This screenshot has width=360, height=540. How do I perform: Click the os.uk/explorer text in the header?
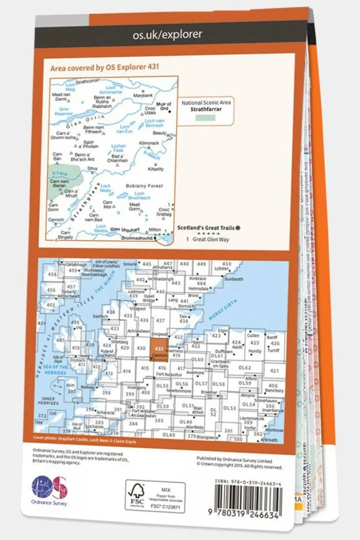[167, 35]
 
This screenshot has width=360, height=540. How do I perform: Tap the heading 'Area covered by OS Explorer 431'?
[105, 68]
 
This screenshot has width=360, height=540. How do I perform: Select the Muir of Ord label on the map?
[164, 106]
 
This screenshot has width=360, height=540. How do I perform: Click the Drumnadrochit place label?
[137, 238]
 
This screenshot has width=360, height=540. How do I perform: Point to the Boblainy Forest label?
[145, 186]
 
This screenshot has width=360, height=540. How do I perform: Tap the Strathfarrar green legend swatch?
[206, 118]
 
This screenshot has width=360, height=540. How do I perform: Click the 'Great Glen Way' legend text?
[211, 239]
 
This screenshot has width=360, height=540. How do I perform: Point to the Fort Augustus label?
[169, 375]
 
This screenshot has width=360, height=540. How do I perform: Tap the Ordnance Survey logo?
[49, 489]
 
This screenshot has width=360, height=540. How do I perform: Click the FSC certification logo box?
[155, 495]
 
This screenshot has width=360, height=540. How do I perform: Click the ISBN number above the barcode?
[248, 481]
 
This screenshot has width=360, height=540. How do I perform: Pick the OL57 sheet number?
[201, 384]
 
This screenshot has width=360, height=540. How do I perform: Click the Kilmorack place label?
[149, 143]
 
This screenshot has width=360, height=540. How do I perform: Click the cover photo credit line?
[84, 441]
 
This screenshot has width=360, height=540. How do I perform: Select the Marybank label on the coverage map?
[143, 95]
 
